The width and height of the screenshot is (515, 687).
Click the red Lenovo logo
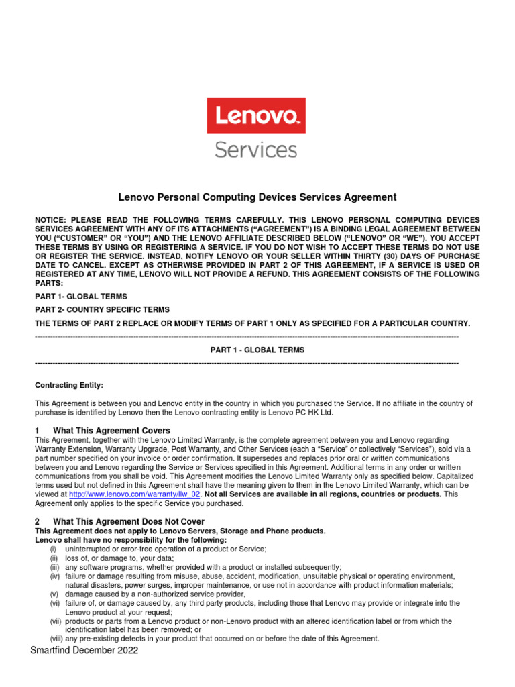[x=255, y=115]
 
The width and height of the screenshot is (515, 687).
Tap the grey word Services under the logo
[x=255, y=148]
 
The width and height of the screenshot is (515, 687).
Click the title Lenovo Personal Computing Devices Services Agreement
[x=257, y=197]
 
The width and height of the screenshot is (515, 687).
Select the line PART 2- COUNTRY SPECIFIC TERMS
[x=102, y=309]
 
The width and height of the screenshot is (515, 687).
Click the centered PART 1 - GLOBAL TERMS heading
[x=257, y=350]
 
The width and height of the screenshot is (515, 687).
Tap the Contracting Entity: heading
[x=69, y=385]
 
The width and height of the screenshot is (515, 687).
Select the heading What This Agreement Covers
[x=111, y=430]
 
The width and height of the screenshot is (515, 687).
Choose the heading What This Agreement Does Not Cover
[x=129, y=521]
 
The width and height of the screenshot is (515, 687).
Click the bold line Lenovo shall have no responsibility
[x=131, y=540]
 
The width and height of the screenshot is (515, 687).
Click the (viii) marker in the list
[x=56, y=639]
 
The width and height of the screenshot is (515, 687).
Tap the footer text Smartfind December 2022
[x=84, y=651]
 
